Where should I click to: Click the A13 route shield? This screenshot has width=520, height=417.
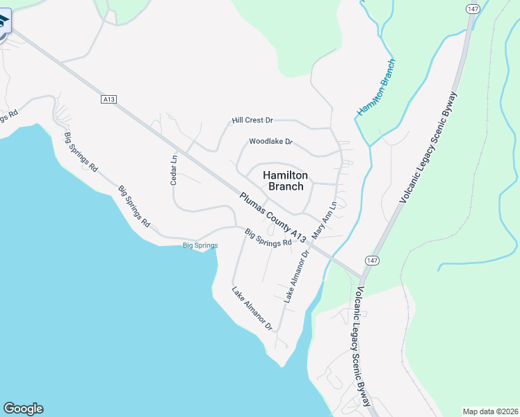108,99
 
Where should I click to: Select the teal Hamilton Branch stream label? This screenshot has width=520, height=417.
377,88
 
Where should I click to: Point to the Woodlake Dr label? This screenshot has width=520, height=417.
271,142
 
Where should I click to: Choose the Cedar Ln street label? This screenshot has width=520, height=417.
174,169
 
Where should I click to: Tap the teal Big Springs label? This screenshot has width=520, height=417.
200,245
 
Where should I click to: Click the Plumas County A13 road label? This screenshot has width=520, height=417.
273,218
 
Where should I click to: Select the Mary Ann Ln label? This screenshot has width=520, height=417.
325,218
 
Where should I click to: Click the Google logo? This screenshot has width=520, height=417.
23,409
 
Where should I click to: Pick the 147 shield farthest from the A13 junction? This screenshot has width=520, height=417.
473,8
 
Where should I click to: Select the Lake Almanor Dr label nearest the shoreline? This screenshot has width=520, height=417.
252,308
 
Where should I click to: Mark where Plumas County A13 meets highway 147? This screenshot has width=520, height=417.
361,275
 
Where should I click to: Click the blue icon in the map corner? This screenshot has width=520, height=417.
4,21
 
